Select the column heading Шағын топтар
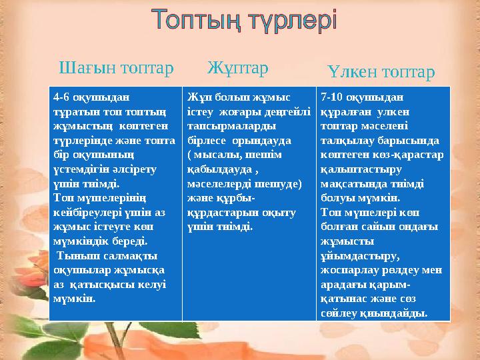pyautogui.click(x=116, y=68)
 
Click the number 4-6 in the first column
pyautogui.click(x=61, y=95)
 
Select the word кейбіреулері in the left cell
pyautogui.click(x=84, y=213)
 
